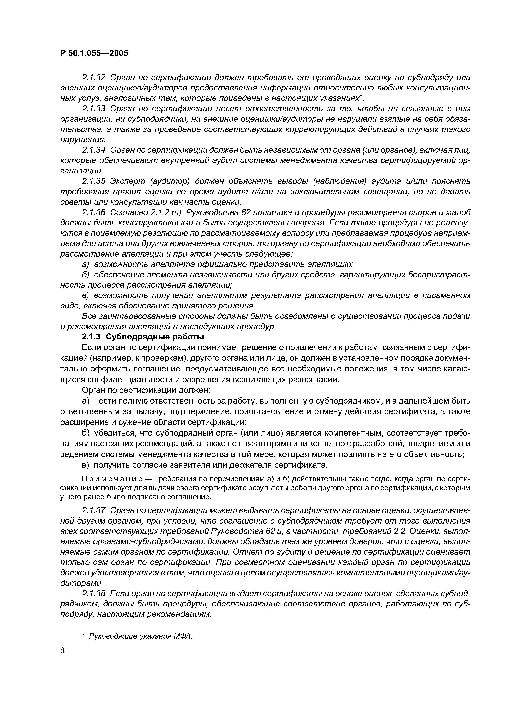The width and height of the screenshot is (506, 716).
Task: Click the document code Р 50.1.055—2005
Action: pos(94,53)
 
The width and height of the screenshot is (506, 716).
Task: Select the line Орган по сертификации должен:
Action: pos(146,390)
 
